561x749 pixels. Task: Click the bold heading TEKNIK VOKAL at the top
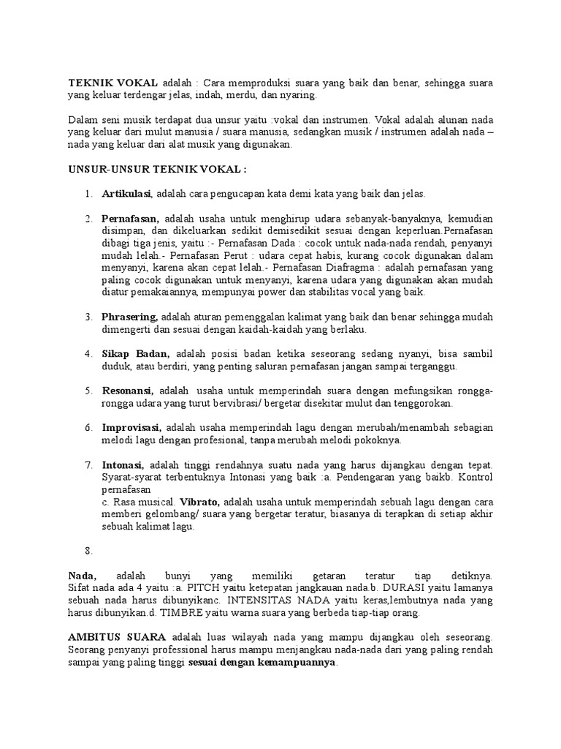(x=112, y=83)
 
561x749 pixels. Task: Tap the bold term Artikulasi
(x=126, y=194)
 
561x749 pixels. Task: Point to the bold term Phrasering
(x=129, y=317)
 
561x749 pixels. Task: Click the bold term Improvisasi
(x=131, y=427)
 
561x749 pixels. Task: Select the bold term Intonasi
(x=123, y=464)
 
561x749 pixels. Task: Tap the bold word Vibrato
(x=199, y=501)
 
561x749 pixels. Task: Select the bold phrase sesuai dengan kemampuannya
(x=263, y=662)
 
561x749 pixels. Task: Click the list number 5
(x=88, y=391)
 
